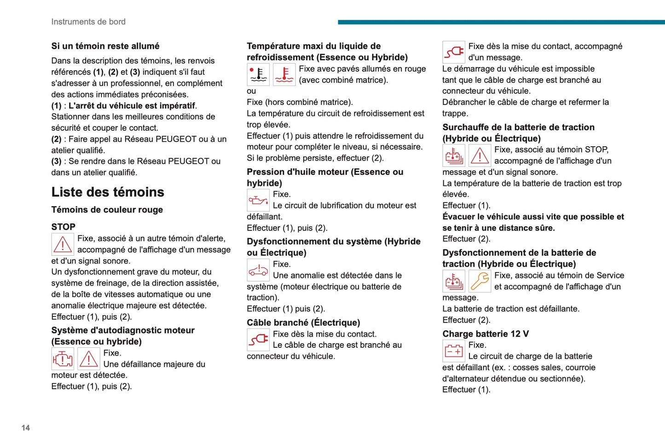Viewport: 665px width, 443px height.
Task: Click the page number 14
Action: (26, 428)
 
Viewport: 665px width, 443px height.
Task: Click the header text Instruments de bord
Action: (88, 22)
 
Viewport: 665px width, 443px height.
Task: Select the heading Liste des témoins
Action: (108, 192)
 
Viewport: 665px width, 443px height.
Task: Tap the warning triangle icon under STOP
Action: (63, 244)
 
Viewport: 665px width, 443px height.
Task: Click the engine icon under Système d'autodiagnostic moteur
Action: (63, 359)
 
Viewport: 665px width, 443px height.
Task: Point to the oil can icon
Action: (258, 200)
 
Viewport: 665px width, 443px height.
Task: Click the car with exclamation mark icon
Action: (258, 270)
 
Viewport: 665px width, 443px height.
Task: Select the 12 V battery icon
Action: (454, 351)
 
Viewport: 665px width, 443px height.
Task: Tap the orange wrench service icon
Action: (480, 281)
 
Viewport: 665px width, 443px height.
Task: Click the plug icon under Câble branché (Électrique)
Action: (258, 340)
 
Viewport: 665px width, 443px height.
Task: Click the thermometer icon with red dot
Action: (258, 75)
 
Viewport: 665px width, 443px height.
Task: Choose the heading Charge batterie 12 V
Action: (486, 334)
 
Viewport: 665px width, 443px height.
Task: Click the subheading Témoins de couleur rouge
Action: (107, 210)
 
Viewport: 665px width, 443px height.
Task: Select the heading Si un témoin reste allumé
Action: (105, 46)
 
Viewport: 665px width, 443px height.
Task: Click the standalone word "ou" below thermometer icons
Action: (251, 91)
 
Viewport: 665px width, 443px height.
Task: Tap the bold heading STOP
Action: (64, 227)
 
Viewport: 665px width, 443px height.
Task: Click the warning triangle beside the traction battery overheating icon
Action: (480, 155)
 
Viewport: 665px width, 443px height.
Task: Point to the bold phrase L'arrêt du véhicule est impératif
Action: (132, 106)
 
